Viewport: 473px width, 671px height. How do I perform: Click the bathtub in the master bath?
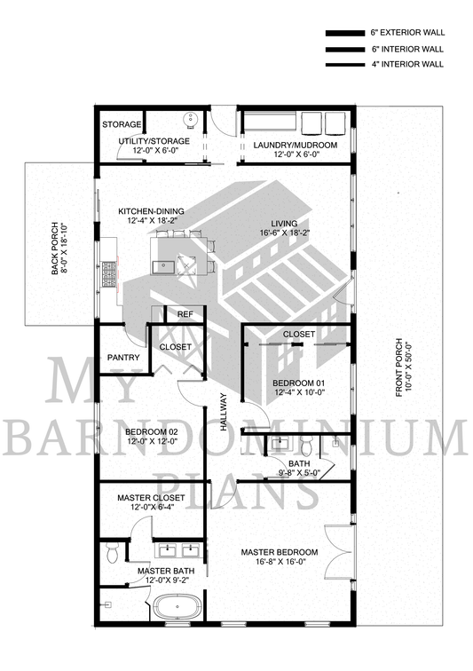coord(177,607)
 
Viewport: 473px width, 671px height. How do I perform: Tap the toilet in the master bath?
coord(113,553)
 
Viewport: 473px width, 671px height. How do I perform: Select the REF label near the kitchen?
coord(185,314)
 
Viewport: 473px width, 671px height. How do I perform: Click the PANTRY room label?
coord(123,358)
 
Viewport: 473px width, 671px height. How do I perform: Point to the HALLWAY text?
coord(224,412)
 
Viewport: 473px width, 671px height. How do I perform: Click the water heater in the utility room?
coord(191,119)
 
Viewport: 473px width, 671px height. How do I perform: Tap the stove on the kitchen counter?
coord(109,275)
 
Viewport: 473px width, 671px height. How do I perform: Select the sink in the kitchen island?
coord(163,266)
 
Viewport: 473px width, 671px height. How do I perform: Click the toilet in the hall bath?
coord(306,446)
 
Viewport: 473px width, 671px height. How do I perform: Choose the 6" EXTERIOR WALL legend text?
coord(407,33)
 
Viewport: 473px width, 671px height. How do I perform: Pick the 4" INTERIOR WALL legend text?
coord(407,65)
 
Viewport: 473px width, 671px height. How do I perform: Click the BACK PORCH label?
coord(55,249)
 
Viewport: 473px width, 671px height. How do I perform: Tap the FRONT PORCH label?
coord(398,368)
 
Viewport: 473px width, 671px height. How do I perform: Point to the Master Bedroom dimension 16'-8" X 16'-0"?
coord(280,562)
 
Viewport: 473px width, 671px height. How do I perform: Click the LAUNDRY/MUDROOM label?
coord(296,145)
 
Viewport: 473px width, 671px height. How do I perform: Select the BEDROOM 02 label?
coord(152,431)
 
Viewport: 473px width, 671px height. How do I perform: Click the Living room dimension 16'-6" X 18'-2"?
coord(285,233)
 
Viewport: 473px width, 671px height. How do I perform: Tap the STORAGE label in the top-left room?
coord(122,124)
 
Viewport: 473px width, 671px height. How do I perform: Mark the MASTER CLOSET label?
coord(151,498)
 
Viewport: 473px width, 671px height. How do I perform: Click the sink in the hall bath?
coord(280,443)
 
